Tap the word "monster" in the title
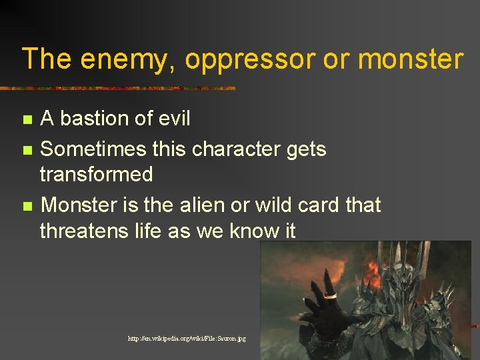pyautogui.click(x=410, y=59)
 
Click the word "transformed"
pyautogui.click(x=96, y=175)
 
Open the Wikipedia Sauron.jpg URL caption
pyautogui.click(x=187, y=339)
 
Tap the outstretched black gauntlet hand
pyautogui.click(x=327, y=307)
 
